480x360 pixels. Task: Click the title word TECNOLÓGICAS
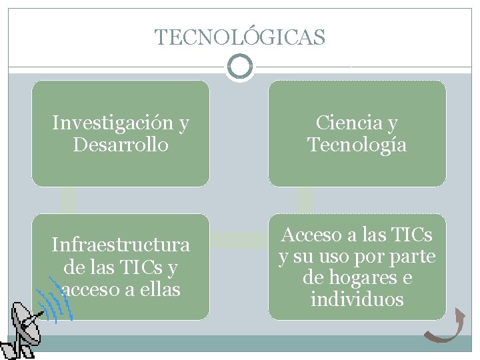point(240,37)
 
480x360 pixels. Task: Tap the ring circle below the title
point(240,67)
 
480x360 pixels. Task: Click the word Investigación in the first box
point(112,123)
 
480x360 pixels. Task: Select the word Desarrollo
point(120,144)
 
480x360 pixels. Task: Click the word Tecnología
point(357,144)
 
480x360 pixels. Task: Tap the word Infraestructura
point(121,245)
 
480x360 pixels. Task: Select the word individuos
point(357,299)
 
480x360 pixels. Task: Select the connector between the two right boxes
point(305,199)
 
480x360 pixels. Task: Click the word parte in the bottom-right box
point(414,256)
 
